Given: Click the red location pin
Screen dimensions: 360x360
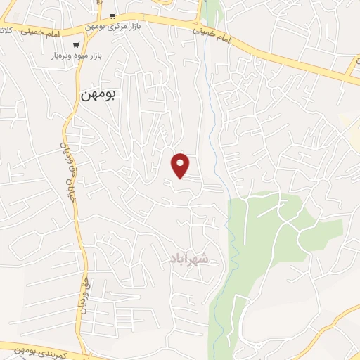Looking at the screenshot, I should [x=181, y=165].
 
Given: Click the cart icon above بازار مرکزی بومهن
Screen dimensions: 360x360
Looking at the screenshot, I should [x=112, y=15].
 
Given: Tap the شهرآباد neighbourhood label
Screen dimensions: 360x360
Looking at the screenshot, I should [x=188, y=259].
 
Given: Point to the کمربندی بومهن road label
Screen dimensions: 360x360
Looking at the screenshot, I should [x=42, y=350].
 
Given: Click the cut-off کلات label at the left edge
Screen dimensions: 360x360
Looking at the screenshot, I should [x=5, y=30].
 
